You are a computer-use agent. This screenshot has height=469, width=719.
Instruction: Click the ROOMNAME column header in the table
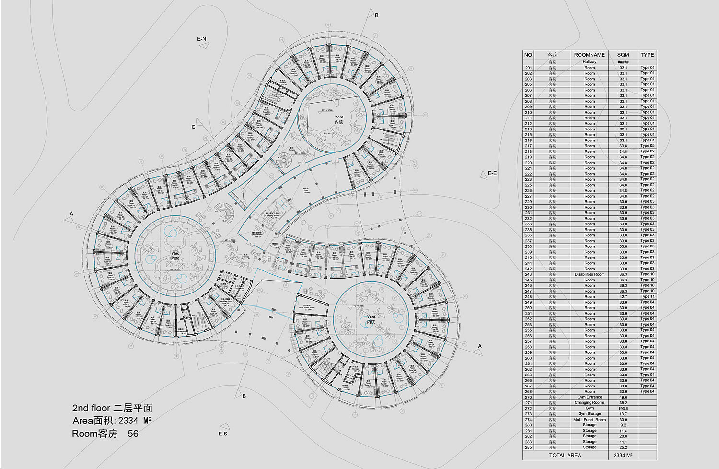tap(590, 55)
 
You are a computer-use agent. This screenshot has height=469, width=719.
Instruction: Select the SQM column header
tap(623, 55)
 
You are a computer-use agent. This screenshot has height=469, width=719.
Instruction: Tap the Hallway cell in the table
tap(590, 62)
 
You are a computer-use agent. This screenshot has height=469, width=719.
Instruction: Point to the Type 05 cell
tap(648, 146)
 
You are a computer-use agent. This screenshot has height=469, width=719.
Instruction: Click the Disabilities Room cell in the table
tap(590, 274)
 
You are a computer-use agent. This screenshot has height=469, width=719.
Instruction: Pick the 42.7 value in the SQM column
tap(623, 297)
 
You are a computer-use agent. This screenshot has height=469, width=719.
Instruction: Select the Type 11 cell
tap(648, 297)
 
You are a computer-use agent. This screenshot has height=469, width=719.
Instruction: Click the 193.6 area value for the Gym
tap(623, 408)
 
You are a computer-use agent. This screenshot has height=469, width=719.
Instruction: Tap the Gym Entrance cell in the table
tap(590, 397)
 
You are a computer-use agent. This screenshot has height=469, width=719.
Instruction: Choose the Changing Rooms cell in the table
tap(590, 403)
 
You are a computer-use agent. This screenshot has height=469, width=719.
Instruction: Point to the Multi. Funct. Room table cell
tap(590, 420)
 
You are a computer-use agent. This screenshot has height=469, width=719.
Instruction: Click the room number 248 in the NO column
tap(528, 297)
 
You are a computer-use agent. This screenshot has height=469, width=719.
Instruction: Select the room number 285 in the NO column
tap(528, 447)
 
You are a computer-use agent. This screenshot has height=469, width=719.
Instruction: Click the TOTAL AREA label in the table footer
tap(565, 455)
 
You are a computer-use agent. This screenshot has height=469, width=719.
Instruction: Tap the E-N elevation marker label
tap(201, 39)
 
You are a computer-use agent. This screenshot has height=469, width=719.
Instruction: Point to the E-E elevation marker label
tap(492, 173)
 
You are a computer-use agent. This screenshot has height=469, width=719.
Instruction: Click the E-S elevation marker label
tap(223, 434)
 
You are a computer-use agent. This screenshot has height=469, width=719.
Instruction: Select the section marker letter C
tap(194, 127)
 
